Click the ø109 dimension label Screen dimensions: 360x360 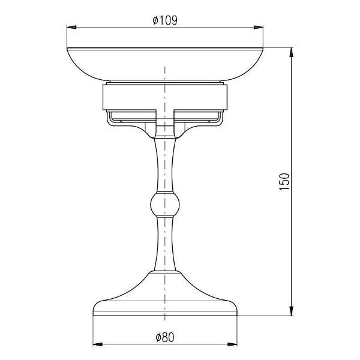point(165,20)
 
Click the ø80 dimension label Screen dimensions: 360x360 point(165,337)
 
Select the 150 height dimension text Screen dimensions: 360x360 point(284,182)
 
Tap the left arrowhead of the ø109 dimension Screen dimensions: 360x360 point(71,28)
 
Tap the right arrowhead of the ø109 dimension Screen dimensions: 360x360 point(258,28)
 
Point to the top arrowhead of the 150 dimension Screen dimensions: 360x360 point(291,52)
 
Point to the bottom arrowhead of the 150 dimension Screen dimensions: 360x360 point(291,311)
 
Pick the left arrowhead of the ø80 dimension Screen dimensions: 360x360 point(98,344)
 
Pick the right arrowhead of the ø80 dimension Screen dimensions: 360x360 point(232,344)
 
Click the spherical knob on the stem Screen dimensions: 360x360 point(165,205)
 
